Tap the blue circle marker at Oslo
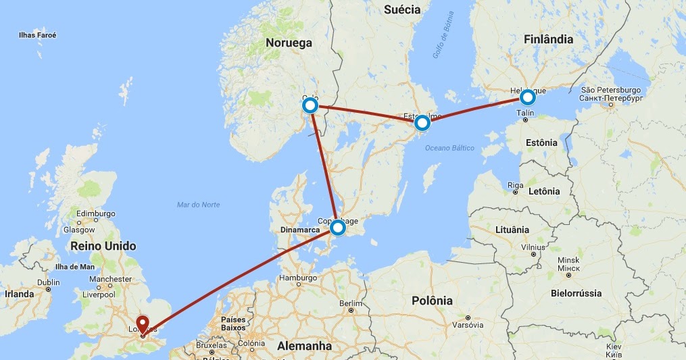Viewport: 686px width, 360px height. pyautogui.click(x=310, y=106)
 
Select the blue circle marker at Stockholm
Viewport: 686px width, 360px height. pyautogui.click(x=422, y=122)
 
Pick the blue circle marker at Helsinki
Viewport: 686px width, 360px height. pyautogui.click(x=527, y=98)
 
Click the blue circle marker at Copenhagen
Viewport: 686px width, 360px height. pyautogui.click(x=337, y=228)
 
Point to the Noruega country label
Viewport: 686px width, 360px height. pyautogui.click(x=289, y=43)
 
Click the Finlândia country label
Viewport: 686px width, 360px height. pyautogui.click(x=548, y=39)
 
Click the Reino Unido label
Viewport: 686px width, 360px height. pyautogui.click(x=103, y=246)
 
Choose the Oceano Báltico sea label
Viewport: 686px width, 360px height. pyautogui.click(x=449, y=149)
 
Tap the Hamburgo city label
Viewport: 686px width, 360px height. pyautogui.click(x=297, y=278)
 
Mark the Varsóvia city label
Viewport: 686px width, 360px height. pyautogui.click(x=468, y=325)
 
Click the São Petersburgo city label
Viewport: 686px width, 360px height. pyautogui.click(x=610, y=90)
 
